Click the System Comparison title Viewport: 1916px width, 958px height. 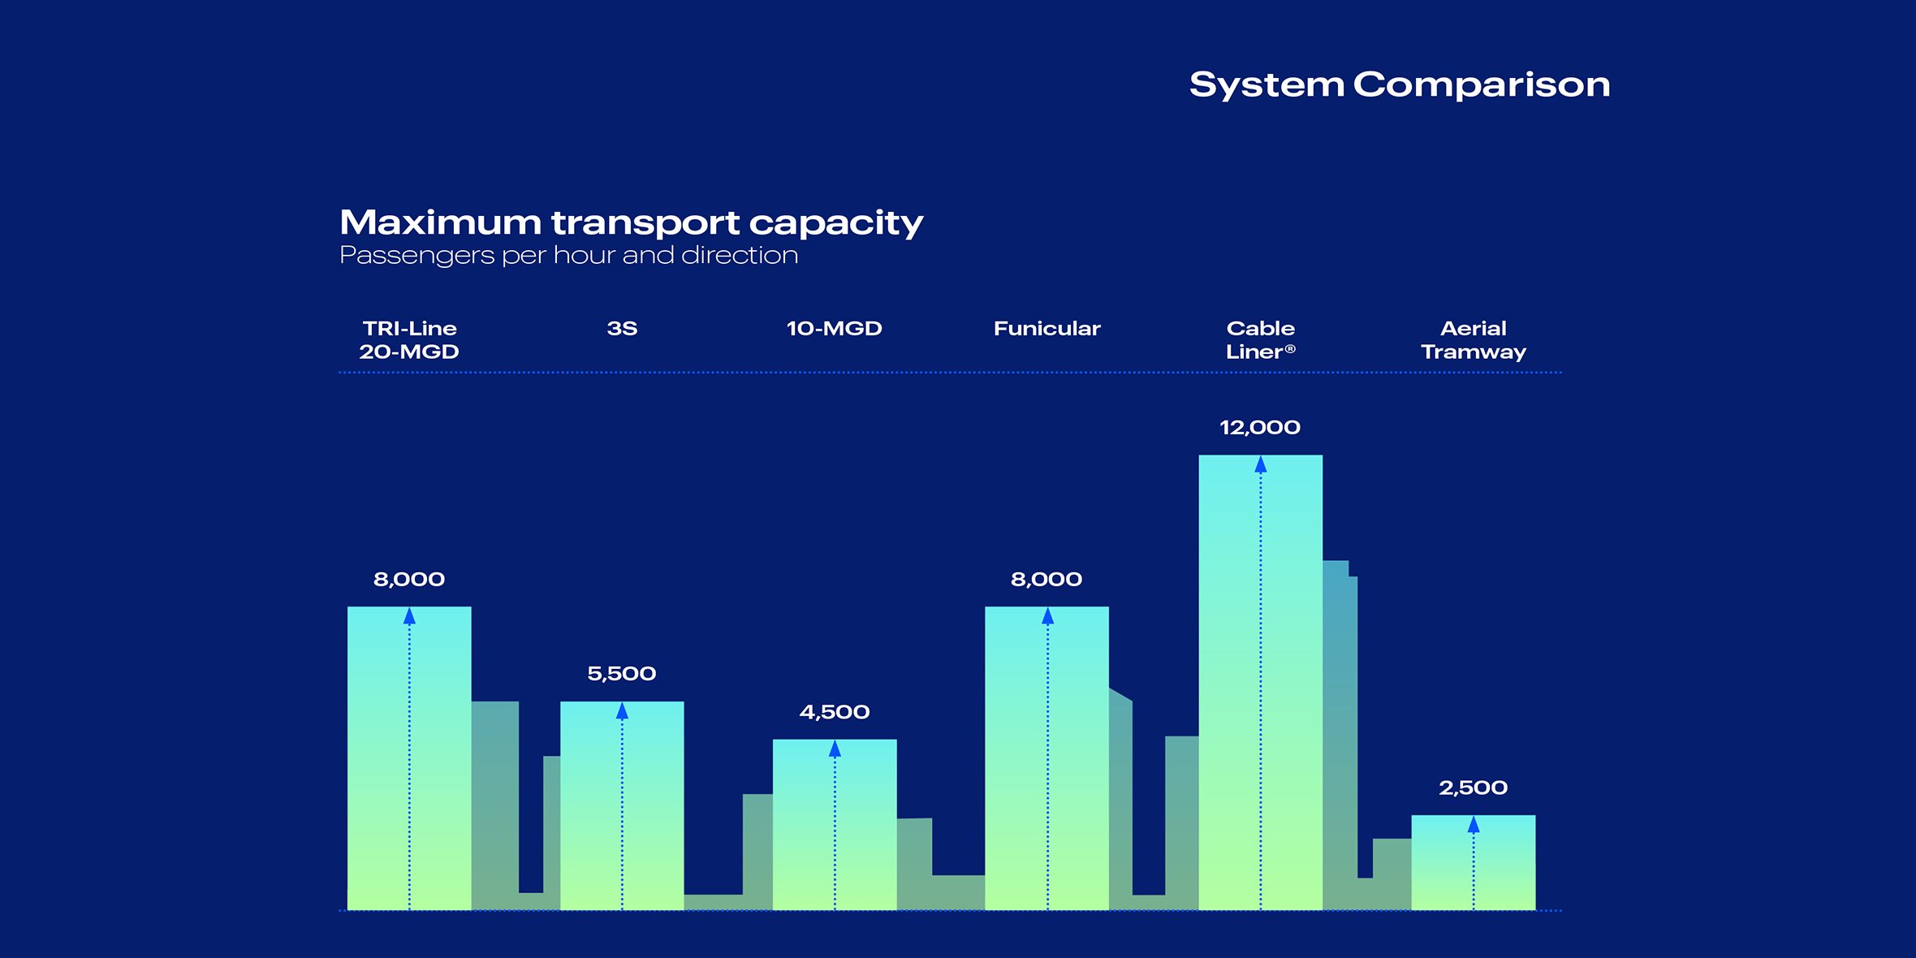click(1399, 84)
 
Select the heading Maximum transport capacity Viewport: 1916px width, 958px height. click(631, 222)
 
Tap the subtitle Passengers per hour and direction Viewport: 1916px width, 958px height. click(568, 256)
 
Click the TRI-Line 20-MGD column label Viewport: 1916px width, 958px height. click(409, 340)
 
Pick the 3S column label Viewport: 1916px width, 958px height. click(622, 329)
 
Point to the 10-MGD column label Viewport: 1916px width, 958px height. click(834, 329)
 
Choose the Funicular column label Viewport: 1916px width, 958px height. click(1046, 329)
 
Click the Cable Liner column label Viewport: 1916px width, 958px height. click(1259, 340)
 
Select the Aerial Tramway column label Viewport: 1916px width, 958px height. click(1473, 340)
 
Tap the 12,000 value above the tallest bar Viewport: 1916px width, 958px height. click(1259, 428)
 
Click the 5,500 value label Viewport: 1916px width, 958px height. click(621, 674)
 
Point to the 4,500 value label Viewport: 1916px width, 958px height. click(834, 712)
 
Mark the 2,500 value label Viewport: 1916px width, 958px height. click(1473, 788)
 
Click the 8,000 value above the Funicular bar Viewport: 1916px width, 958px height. click(1046, 580)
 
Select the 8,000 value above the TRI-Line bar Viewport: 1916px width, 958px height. click(408, 580)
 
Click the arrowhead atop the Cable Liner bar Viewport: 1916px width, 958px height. click(1260, 465)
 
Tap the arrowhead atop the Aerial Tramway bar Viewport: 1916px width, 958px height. click(1473, 826)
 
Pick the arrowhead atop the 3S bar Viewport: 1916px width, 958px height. click(622, 712)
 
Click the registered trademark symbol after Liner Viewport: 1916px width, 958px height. click(1290, 349)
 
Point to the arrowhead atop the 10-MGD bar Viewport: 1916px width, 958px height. click(835, 749)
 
